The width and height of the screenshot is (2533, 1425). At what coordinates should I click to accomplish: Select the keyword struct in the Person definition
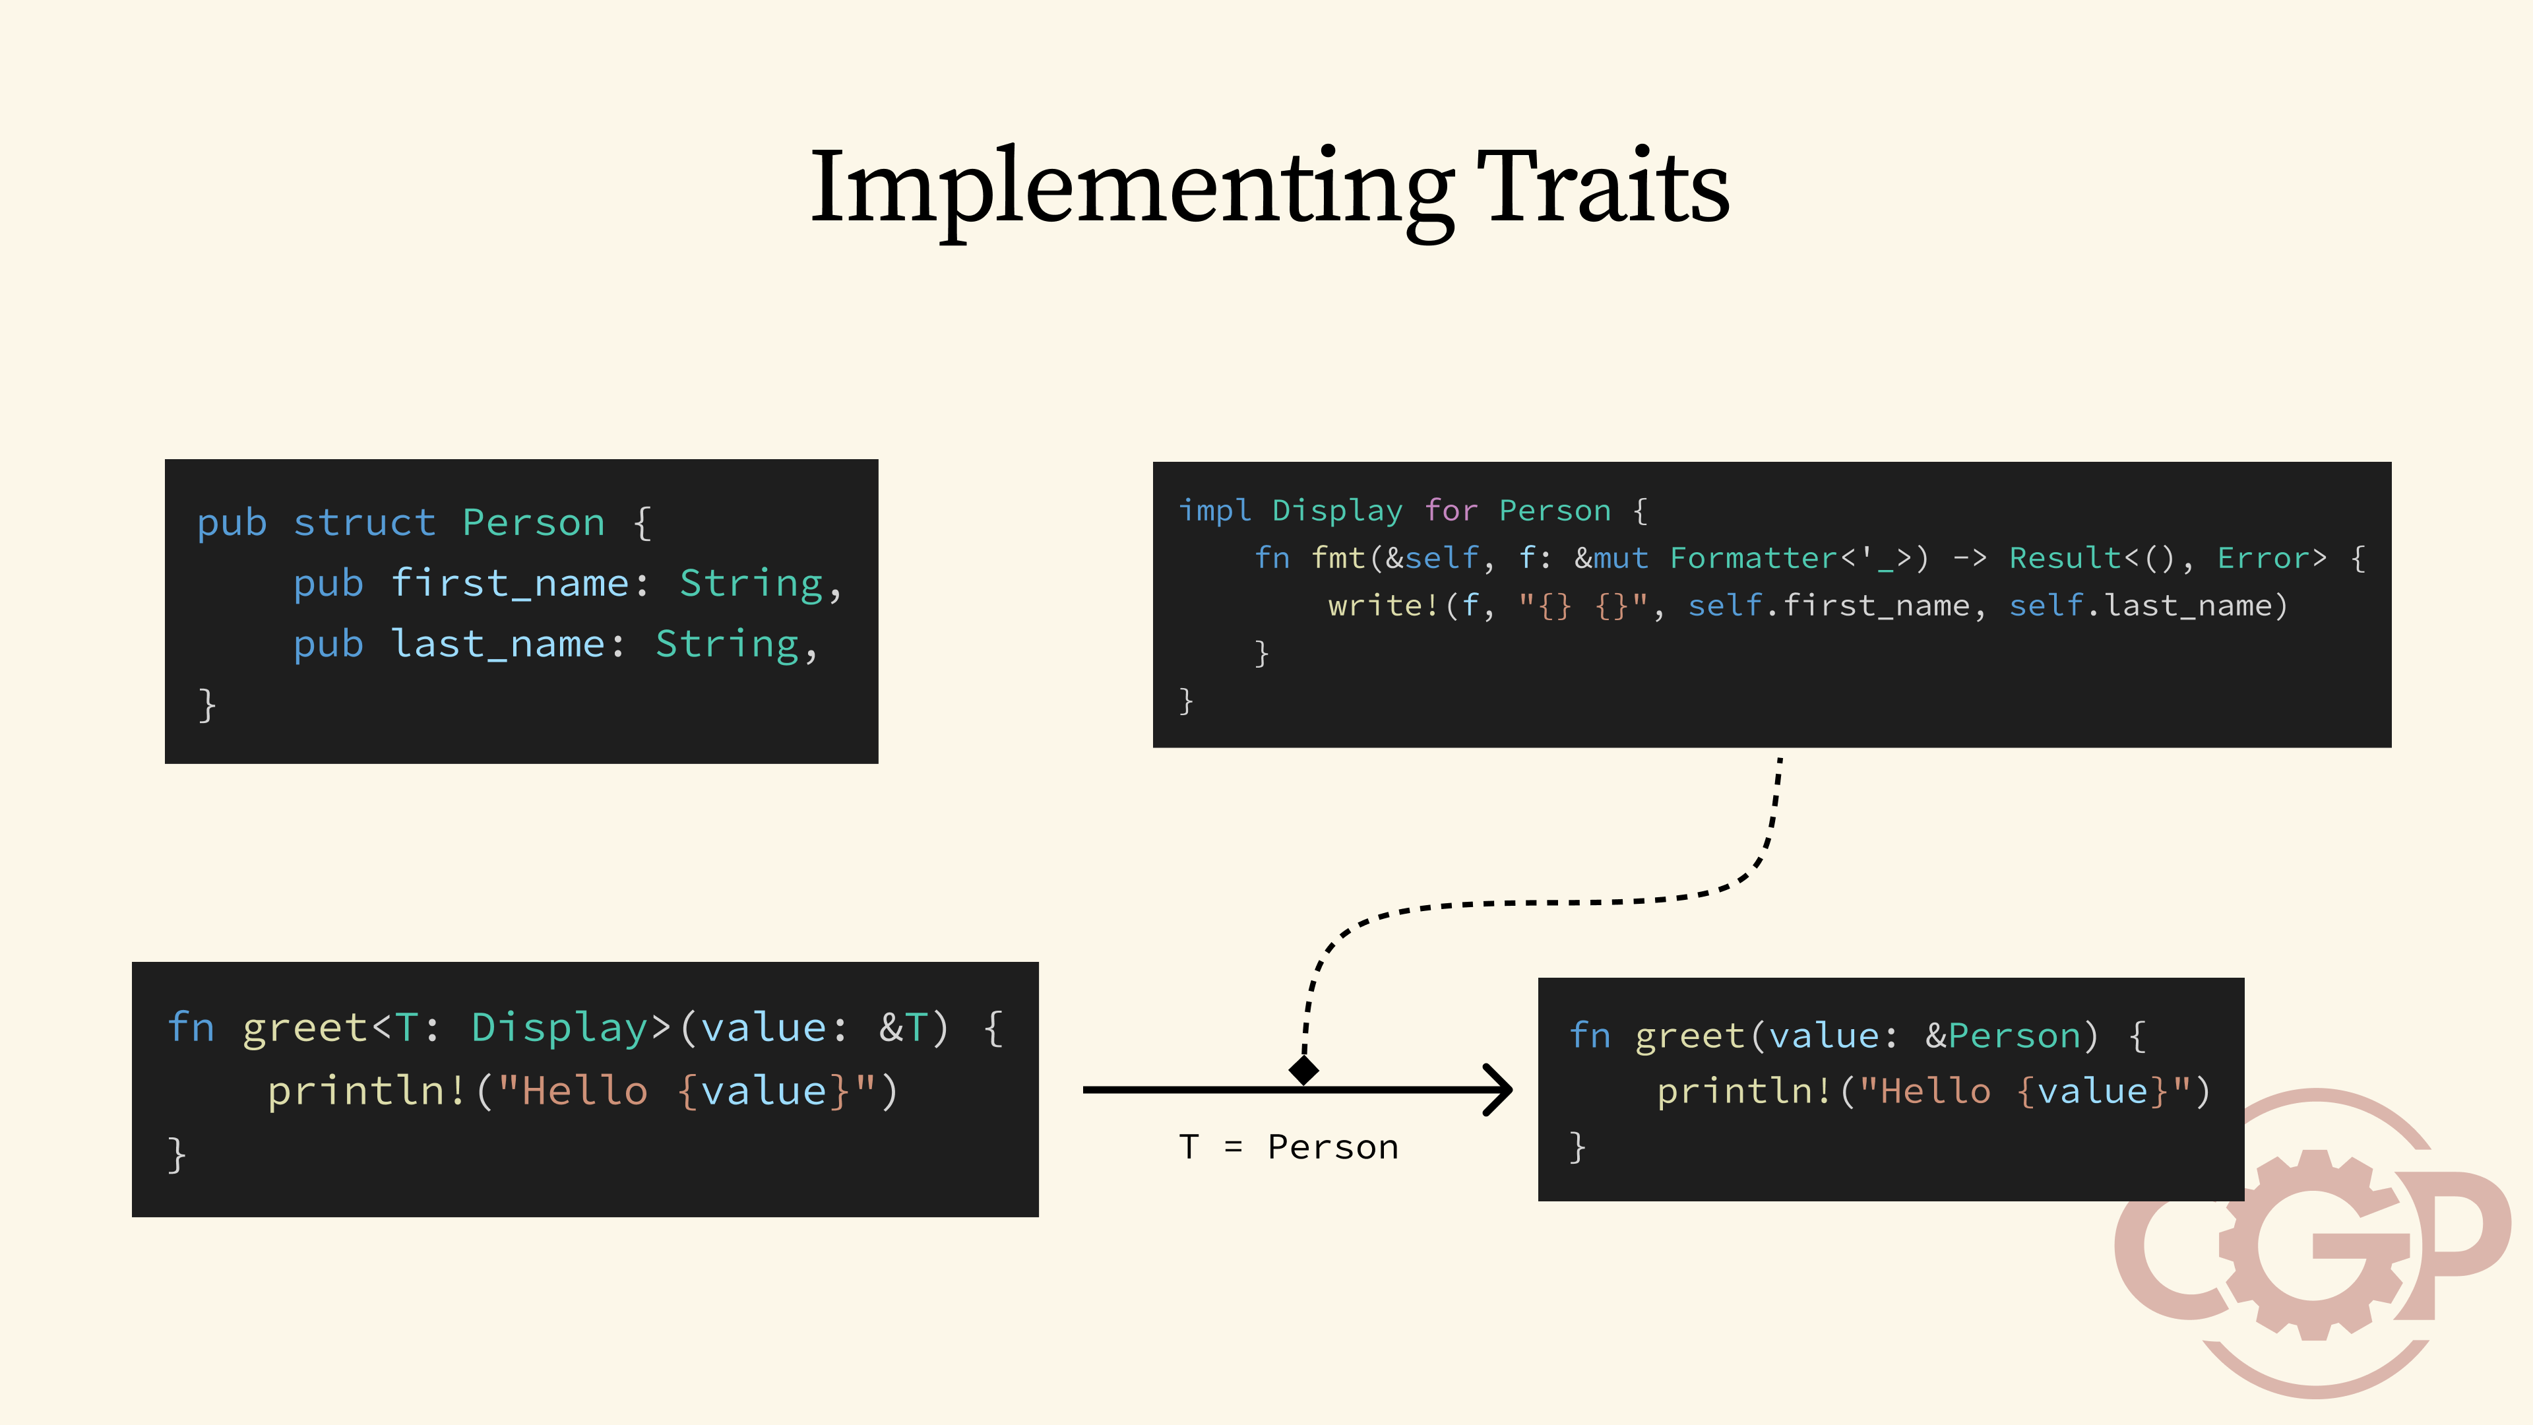(364, 523)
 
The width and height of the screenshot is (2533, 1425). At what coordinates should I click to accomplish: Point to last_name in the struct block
(497, 645)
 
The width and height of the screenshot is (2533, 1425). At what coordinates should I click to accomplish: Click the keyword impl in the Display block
(1214, 511)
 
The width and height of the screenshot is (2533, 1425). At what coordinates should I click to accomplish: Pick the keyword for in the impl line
(1451, 511)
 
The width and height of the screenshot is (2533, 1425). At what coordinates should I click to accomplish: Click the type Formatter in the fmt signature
(1753, 559)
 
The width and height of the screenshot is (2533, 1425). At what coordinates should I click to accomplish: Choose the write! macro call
(1383, 606)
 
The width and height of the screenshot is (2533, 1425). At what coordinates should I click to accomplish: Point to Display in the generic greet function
(559, 1028)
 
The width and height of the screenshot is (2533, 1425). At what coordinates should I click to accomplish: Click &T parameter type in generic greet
(902, 1028)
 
